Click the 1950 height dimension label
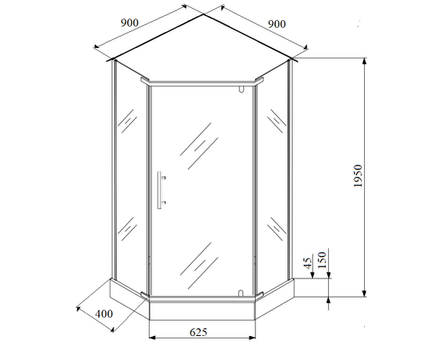click(358, 176)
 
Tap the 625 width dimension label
click(198, 332)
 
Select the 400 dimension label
click(104, 314)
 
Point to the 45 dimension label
click(308, 263)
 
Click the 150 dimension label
click(322, 260)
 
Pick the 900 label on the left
click(130, 22)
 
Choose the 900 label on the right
click(277, 24)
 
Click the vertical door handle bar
click(159, 190)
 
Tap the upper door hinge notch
click(241, 89)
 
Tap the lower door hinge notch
click(241, 293)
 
